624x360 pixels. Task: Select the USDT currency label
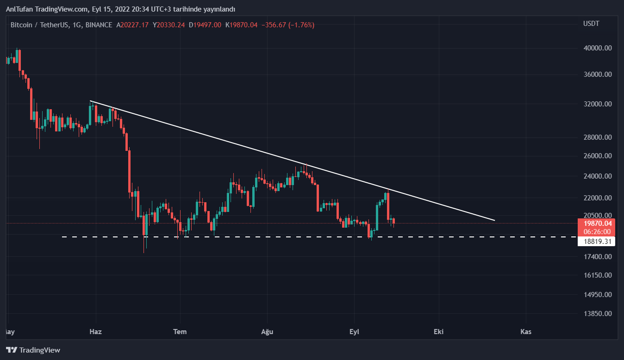tap(591, 24)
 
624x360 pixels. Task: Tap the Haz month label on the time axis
tap(95, 332)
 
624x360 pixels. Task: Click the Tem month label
tap(180, 332)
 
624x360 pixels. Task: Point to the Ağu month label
tap(267, 332)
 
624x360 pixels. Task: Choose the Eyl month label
tap(354, 332)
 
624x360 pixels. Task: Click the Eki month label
tap(438, 332)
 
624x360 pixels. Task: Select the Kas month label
tap(525, 332)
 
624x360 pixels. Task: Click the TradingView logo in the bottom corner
tap(33, 350)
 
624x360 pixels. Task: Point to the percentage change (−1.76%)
tap(301, 25)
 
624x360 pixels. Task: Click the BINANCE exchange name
tap(99, 25)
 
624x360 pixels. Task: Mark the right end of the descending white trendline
tap(494, 220)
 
